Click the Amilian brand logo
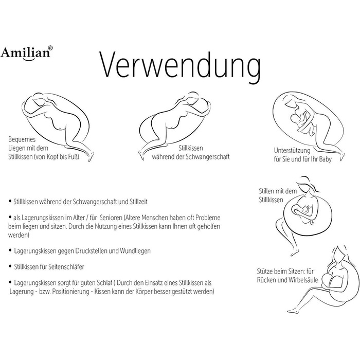coord(26,53)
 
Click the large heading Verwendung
coord(180,65)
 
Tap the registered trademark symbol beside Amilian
coord(50,48)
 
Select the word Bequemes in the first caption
coord(22,139)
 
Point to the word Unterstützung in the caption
coord(292,151)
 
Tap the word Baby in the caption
coord(325,159)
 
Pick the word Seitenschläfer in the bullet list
coord(66,267)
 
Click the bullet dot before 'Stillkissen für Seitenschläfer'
coord(10,266)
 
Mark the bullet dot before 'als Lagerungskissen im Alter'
coord(10,217)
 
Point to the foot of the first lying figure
coord(91,156)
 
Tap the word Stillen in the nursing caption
coord(266,191)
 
